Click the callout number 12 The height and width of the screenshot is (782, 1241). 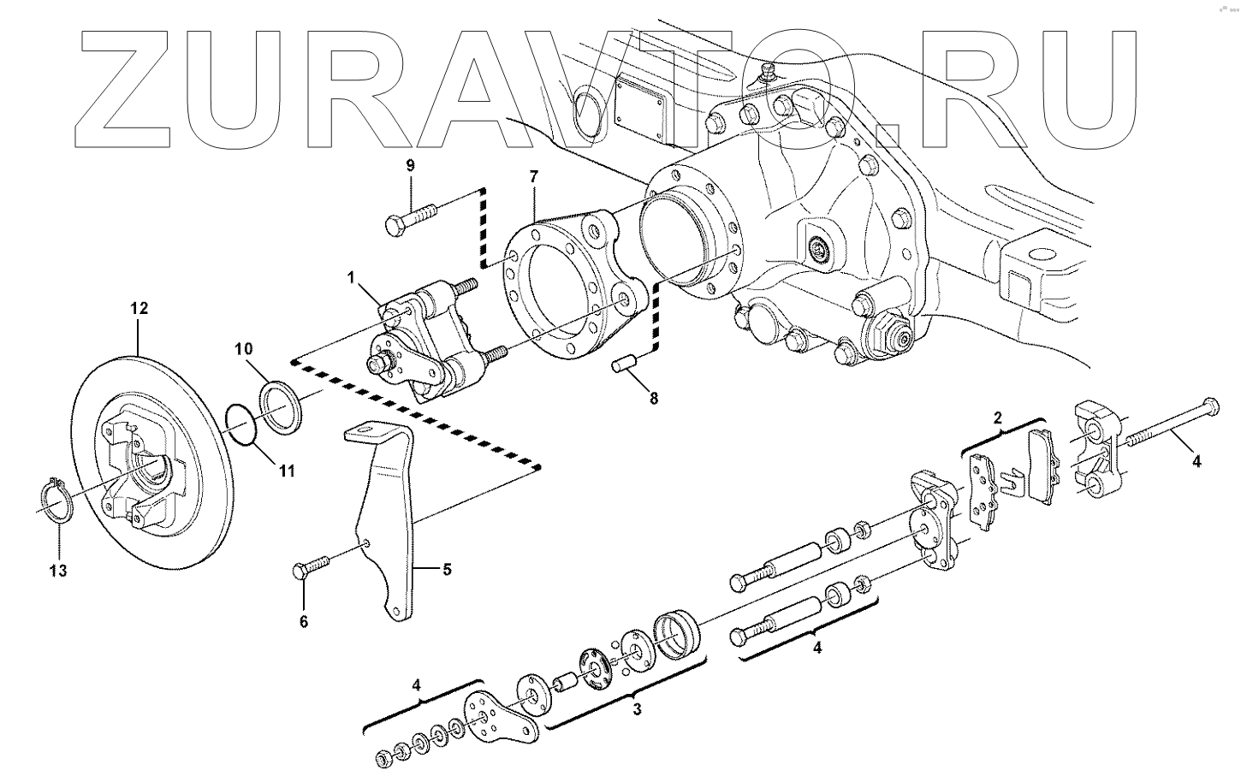click(139, 308)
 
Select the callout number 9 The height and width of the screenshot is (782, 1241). click(410, 164)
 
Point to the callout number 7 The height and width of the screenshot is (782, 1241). click(534, 177)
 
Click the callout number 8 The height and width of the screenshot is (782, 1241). click(654, 398)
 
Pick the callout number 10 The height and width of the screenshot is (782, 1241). click(244, 348)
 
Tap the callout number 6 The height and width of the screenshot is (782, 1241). click(303, 622)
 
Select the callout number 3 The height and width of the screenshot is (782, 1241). click(637, 709)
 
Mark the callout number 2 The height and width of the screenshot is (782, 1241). click(998, 418)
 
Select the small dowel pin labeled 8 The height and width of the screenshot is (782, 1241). click(627, 365)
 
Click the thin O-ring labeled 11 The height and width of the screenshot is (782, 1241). click(242, 425)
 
